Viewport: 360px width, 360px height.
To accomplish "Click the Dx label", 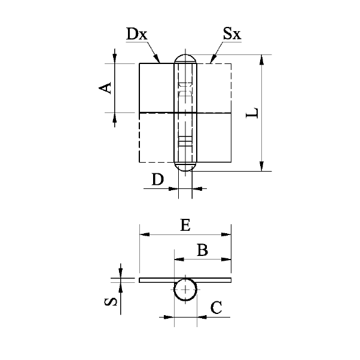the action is coord(136,34).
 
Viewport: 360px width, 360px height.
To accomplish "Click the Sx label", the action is coord(232,33).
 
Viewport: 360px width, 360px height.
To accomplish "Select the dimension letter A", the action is coord(105,88).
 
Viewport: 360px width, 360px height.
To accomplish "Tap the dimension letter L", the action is coord(252,112).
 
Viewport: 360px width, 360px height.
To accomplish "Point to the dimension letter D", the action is coord(158,179).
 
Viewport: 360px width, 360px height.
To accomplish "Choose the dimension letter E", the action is coord(185,225).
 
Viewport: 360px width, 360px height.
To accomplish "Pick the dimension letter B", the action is coord(203,250).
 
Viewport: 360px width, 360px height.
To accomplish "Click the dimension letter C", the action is coord(216,307).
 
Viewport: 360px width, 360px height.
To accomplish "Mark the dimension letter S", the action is coord(111,301).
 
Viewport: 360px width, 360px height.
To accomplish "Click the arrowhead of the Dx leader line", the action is coord(157,59).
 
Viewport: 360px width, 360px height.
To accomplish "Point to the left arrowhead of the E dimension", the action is coord(145,234).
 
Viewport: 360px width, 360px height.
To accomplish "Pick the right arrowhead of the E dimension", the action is coord(226,234).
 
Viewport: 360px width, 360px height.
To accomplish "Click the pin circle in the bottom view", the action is coord(174,289).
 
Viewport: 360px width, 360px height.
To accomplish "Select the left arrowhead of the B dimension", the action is coord(179,260).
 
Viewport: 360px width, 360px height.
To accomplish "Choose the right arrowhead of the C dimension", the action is coord(202,317).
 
